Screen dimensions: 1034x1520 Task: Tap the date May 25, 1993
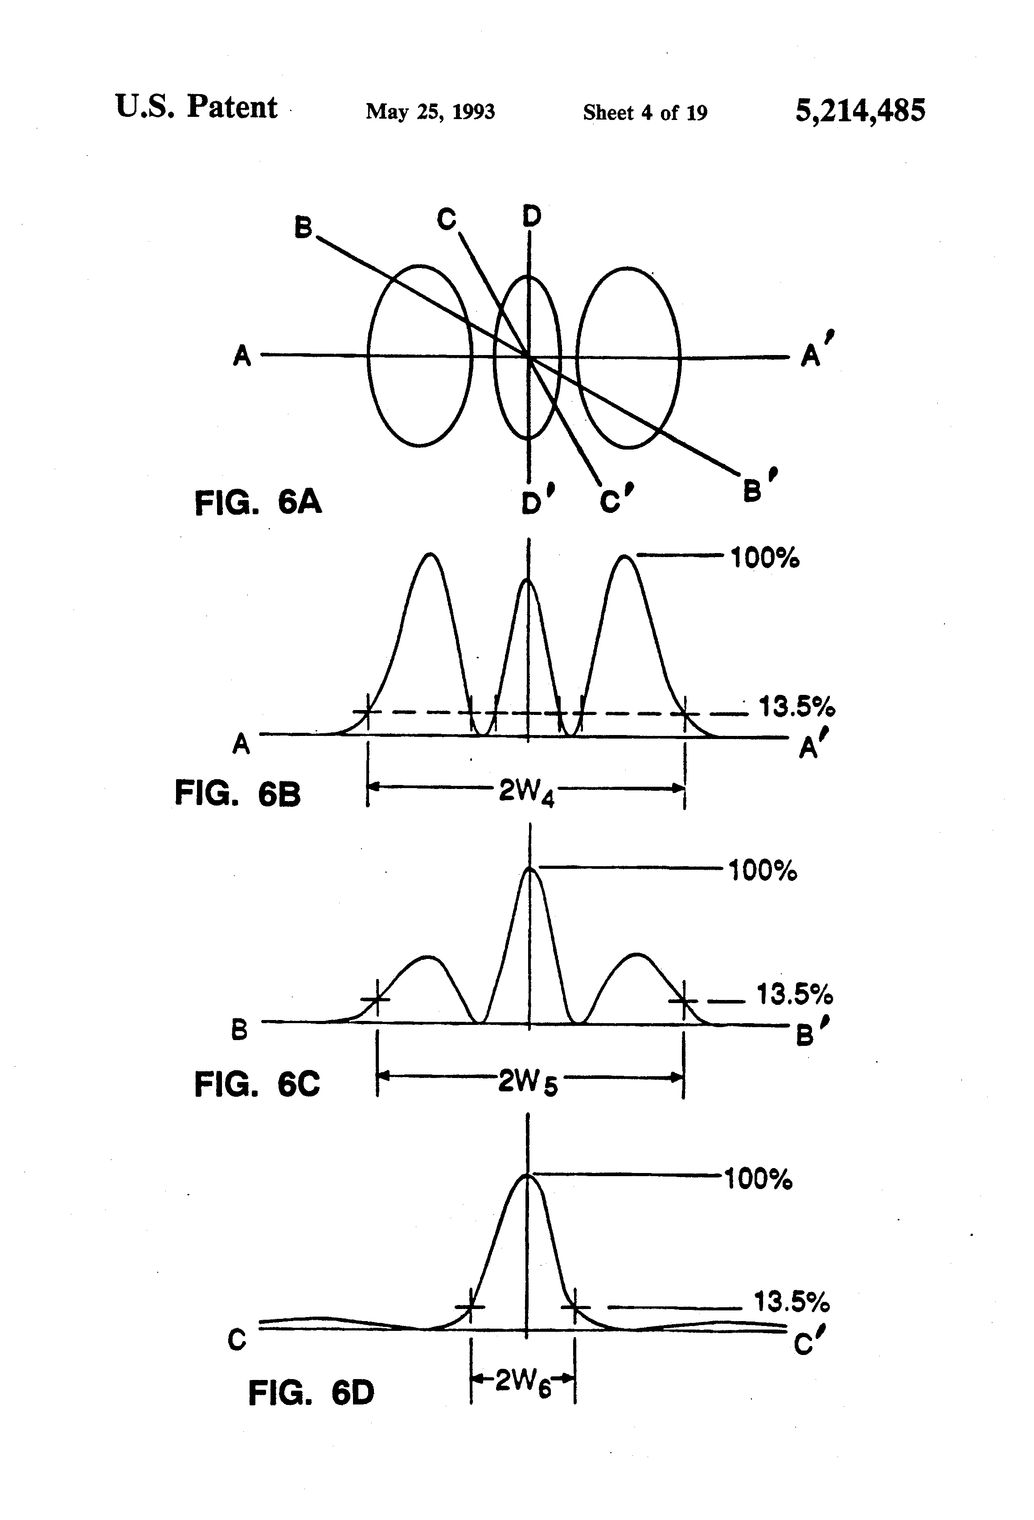click(430, 112)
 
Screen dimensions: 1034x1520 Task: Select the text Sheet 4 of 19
click(644, 112)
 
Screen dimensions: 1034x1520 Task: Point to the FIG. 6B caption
click(237, 793)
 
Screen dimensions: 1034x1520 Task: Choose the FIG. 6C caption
click(257, 1084)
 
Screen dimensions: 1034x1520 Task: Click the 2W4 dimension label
click(526, 792)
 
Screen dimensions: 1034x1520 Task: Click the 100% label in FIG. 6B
click(764, 558)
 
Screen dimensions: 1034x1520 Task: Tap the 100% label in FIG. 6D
click(758, 1179)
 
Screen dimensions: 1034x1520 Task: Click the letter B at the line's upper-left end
click(303, 227)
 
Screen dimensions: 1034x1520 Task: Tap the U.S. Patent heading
click(196, 107)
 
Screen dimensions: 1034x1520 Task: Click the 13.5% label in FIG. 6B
click(796, 707)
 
